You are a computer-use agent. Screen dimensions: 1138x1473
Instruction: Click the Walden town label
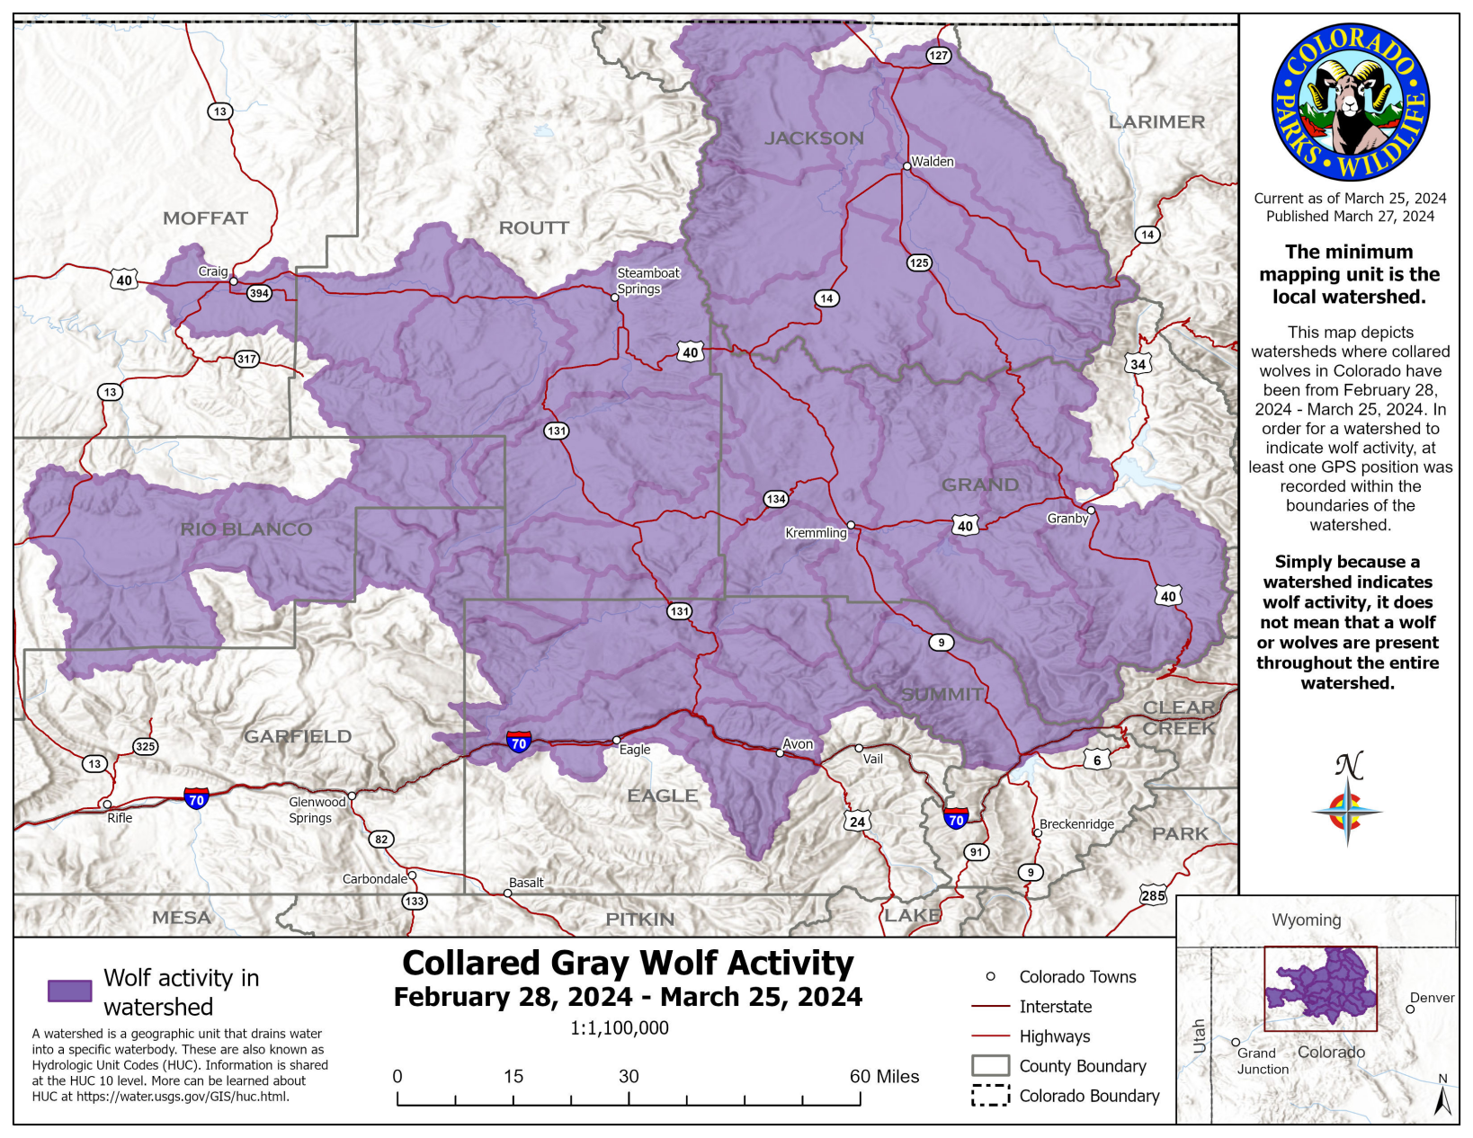tap(932, 162)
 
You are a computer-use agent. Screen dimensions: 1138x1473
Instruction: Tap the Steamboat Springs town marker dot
tap(615, 298)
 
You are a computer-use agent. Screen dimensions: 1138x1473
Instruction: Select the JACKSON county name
tap(814, 138)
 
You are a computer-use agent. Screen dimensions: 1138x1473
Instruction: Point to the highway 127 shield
tap(938, 56)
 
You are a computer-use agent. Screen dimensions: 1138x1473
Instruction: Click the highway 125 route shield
tap(918, 262)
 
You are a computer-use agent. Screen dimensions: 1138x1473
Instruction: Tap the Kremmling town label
tap(816, 533)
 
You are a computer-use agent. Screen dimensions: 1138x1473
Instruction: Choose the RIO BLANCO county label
tap(246, 529)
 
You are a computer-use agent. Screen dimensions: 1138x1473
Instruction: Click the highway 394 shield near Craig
tap(259, 293)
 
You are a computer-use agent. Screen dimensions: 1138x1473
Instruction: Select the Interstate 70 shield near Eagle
tap(518, 742)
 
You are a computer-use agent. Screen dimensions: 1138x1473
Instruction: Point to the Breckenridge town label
tap(1076, 824)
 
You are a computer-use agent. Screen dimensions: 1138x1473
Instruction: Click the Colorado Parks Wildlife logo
tap(1350, 102)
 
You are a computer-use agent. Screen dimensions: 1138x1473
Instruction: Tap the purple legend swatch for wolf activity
tap(69, 991)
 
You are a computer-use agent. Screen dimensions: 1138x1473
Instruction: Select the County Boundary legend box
tap(990, 1066)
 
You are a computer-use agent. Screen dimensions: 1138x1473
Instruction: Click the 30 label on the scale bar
tap(629, 1076)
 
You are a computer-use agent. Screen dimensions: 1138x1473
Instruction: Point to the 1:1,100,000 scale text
tap(620, 1027)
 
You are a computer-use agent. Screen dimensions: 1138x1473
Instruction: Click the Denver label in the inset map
tap(1432, 998)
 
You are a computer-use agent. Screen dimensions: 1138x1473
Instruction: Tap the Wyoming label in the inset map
tap(1306, 920)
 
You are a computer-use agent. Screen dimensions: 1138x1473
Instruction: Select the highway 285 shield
tap(1153, 895)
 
